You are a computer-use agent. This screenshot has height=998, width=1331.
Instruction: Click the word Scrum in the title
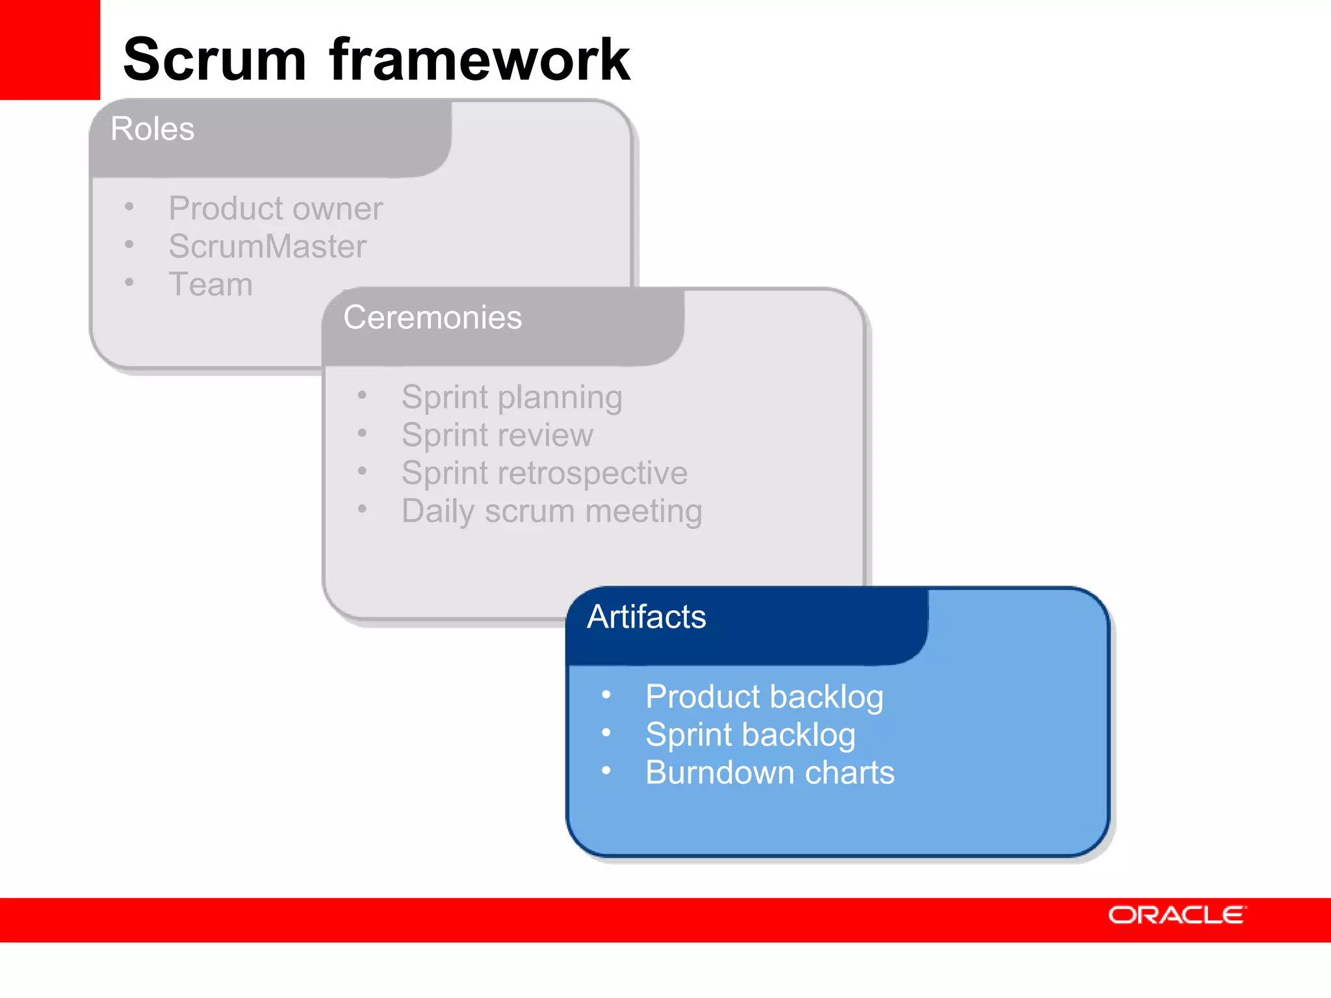coord(214,60)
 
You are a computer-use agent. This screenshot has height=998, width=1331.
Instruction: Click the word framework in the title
coord(480,60)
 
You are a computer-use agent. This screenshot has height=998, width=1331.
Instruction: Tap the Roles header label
coord(153,129)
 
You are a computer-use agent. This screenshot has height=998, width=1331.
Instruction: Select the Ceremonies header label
coord(432,318)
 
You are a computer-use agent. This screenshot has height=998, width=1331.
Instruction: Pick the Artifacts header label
coord(646,617)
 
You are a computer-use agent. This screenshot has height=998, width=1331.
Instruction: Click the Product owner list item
coord(276,209)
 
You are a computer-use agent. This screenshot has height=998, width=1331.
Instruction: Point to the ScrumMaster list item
coord(267,246)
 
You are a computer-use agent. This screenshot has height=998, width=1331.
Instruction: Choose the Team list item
coord(211,285)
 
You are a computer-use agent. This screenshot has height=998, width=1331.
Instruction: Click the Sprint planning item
coord(511,398)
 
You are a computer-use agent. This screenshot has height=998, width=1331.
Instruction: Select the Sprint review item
coord(497,435)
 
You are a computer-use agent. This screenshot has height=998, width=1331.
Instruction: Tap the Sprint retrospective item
coord(544,473)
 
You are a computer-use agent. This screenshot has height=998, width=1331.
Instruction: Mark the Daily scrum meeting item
coord(552,511)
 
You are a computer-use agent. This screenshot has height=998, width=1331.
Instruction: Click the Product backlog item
coord(764,697)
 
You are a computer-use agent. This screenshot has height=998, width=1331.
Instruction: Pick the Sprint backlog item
coord(750,735)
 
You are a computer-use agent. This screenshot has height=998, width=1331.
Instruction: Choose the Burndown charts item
coord(769,773)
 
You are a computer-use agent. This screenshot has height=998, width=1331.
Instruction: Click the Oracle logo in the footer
coord(1177,915)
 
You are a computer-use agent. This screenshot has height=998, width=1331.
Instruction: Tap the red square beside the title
coord(49,49)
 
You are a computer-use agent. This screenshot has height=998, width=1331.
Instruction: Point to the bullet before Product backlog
coord(606,695)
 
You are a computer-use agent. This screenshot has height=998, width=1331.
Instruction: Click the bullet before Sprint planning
coord(362,395)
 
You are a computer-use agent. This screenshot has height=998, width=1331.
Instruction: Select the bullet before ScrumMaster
coord(129,244)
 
